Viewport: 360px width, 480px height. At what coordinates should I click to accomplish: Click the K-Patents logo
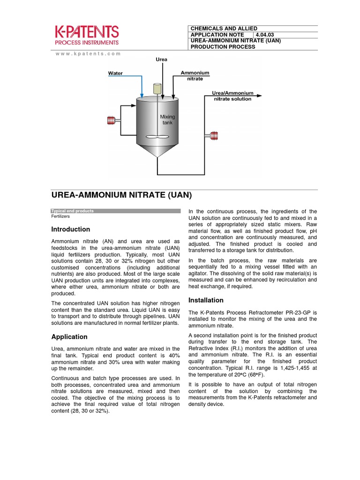coord(87,36)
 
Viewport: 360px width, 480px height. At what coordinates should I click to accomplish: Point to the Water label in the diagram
coord(115,73)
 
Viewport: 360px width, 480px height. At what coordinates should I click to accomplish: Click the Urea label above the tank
coord(161,60)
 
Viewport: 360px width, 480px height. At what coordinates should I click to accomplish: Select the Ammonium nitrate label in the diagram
coord(195,76)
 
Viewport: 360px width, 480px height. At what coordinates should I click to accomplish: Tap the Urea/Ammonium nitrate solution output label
coord(232,96)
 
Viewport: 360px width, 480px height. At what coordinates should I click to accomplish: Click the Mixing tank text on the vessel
coord(167,119)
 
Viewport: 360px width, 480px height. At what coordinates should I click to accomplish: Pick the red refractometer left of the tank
coord(112,120)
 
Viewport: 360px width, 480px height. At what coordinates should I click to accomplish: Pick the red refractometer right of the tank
coord(214,136)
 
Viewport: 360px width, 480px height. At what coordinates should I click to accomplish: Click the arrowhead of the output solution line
coord(259,96)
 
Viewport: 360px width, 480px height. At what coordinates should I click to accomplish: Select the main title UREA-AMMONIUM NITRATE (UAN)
coord(121,195)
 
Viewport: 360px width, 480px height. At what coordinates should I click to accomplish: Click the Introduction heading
coord(70,229)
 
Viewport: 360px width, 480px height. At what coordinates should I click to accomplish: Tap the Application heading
coord(69,337)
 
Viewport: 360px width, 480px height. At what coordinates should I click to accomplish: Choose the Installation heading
coord(206,300)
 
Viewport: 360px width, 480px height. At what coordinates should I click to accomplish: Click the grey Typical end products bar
coord(115,211)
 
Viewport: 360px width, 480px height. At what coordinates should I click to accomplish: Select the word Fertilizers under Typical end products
coord(60,217)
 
